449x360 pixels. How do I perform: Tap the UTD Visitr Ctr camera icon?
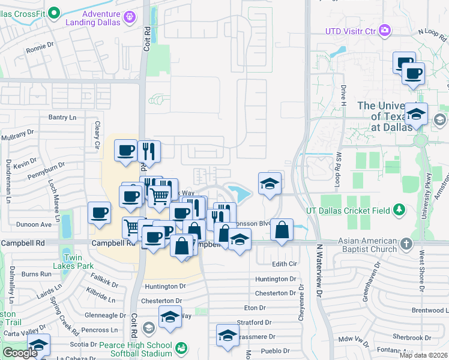pyautogui.click(x=385, y=30)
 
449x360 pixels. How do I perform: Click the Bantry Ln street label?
pyautogui.click(x=63, y=117)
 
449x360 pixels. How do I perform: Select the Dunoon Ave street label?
pyautogui.click(x=35, y=224)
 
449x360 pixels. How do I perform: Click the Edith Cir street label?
pyautogui.click(x=285, y=264)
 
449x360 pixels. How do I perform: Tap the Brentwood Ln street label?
pyautogui.click(x=430, y=310)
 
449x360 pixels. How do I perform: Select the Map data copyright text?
pyautogui.click(x=423, y=355)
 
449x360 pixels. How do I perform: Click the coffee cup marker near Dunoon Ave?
pyautogui.click(x=99, y=212)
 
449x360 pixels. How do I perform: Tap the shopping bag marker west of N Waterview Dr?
pyautogui.click(x=282, y=229)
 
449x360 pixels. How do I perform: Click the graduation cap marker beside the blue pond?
pyautogui.click(x=270, y=183)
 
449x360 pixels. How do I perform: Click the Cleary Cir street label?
pyautogui.click(x=96, y=132)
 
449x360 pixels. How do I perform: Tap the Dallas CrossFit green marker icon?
pyautogui.click(x=54, y=12)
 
